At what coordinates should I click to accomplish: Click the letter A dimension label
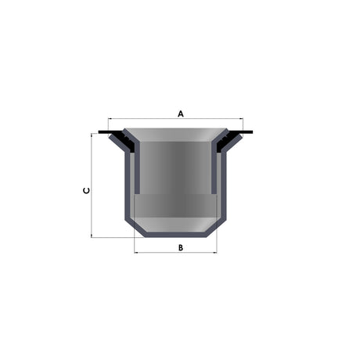pos(181,113)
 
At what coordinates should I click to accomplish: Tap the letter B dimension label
pos(181,247)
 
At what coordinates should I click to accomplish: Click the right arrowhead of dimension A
pos(241,119)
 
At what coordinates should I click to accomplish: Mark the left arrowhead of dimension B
pos(136,252)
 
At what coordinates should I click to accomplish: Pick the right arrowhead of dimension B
pos(215,252)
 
